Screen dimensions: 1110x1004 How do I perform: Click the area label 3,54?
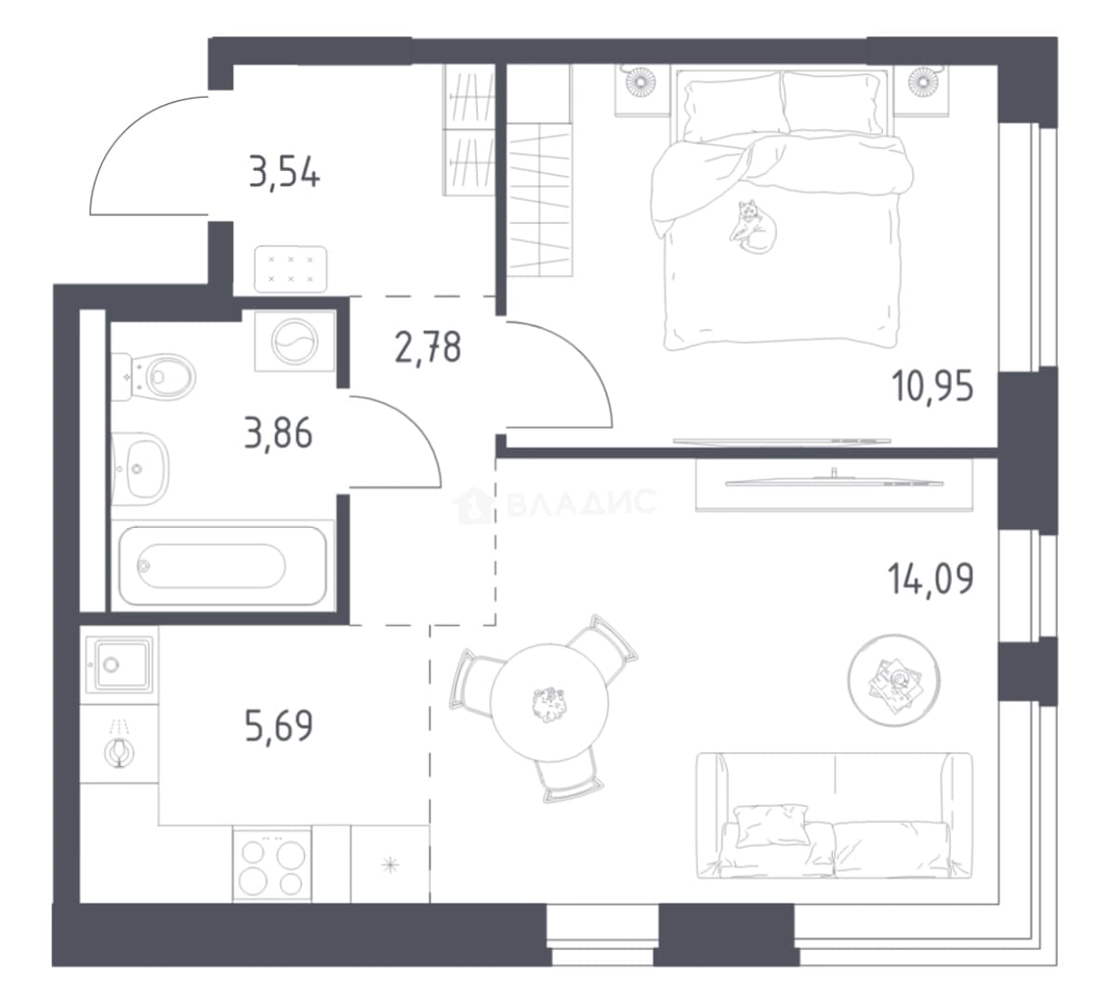coord(284,174)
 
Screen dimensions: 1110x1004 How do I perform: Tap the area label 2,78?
coord(429,348)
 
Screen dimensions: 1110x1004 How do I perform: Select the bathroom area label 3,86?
coord(278,433)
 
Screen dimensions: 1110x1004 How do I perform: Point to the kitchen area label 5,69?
coord(279,726)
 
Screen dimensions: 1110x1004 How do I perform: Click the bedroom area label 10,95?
coord(932,388)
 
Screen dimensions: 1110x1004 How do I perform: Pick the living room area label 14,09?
coord(931,578)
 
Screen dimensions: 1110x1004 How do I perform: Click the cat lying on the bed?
coord(753,226)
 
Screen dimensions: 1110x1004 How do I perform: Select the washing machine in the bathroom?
coord(295,341)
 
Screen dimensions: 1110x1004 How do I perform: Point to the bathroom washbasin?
coord(140,469)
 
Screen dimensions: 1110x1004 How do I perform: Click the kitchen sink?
coord(119,664)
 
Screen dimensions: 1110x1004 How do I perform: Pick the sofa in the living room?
coord(835,815)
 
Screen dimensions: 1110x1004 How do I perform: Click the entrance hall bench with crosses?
coord(290,269)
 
